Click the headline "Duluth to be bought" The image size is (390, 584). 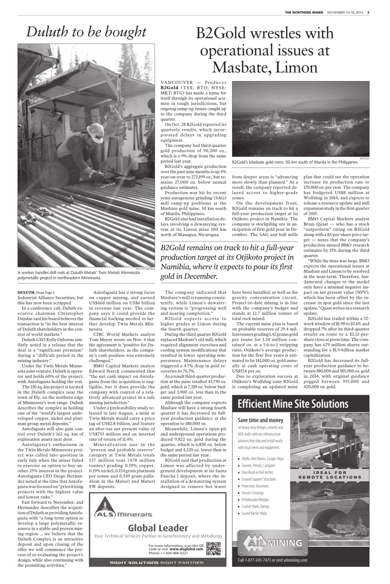coord(86,31)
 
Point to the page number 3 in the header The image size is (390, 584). coord(368,12)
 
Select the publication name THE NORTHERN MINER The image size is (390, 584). coord(305,12)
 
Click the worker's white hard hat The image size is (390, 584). coord(95,132)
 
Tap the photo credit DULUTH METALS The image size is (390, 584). coord(145,269)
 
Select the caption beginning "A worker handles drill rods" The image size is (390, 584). coord(78,275)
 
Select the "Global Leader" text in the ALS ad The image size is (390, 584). coord(158,527)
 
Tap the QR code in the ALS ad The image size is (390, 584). coord(213,549)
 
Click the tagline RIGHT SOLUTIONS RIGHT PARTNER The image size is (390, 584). coord(158,563)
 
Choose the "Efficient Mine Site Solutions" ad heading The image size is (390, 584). coord(293,403)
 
